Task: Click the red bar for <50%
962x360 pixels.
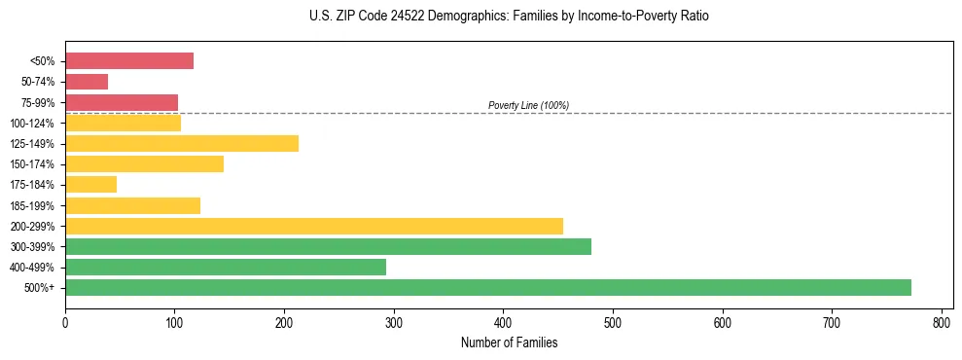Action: pos(129,61)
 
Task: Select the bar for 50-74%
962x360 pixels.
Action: pos(87,82)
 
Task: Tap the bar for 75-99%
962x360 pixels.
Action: pos(122,102)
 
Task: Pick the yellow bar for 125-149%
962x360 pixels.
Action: pos(182,144)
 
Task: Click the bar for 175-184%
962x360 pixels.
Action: pos(90,185)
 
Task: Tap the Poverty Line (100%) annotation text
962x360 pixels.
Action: pos(528,105)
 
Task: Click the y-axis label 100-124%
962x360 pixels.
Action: pos(32,124)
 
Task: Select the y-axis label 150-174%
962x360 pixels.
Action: pos(32,164)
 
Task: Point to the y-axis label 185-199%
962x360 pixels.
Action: pos(32,205)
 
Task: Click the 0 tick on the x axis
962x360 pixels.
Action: pos(65,322)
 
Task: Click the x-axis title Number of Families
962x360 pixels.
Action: pos(509,342)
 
